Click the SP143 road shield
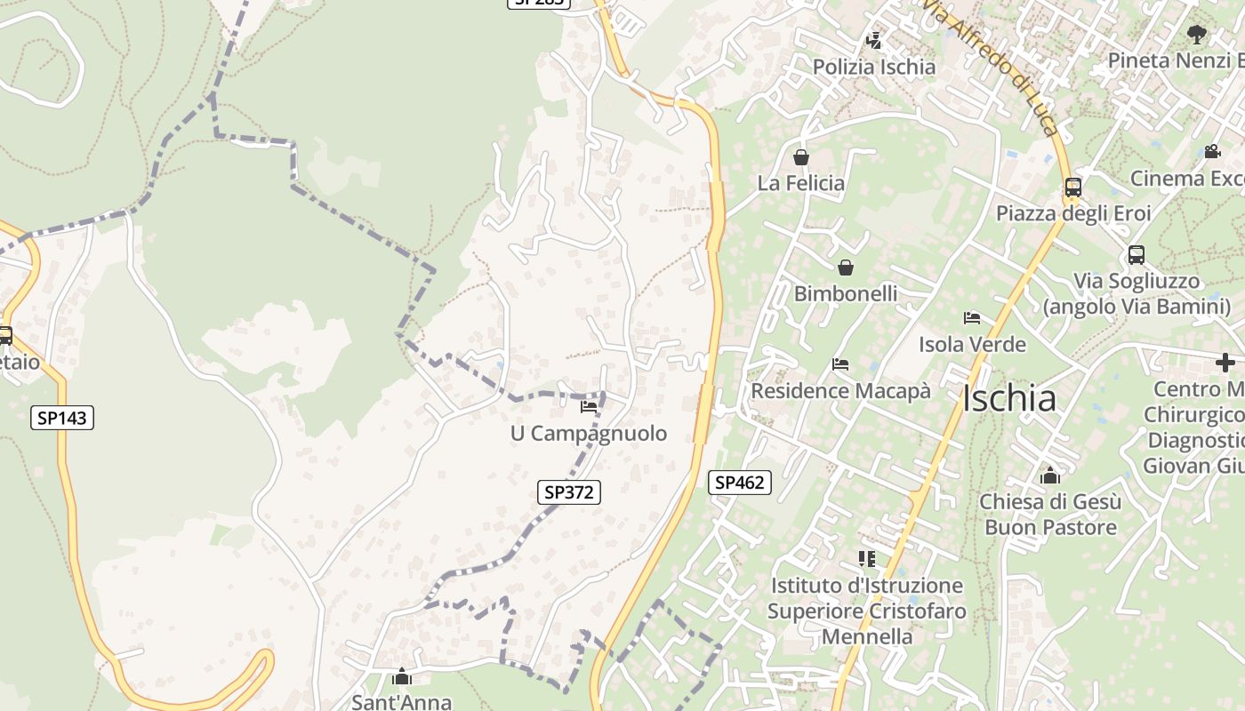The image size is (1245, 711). [x=62, y=418]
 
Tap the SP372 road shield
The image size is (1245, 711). [x=569, y=491]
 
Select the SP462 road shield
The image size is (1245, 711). [x=740, y=483]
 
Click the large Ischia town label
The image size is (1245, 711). [x=1009, y=399]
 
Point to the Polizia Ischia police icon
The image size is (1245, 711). [x=873, y=40]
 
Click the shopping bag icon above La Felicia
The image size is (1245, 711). [x=801, y=157]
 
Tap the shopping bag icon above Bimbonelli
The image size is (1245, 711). [x=846, y=267]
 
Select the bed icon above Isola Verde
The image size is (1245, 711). [x=972, y=317]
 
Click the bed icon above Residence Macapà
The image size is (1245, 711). [x=840, y=363]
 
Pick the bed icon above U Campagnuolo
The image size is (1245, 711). [x=589, y=407]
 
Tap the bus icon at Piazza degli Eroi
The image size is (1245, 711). [x=1073, y=188]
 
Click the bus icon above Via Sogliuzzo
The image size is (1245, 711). [x=1137, y=255]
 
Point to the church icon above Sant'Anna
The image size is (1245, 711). [x=402, y=676]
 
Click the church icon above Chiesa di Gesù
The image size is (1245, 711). [x=1049, y=475]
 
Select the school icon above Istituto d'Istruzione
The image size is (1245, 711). [x=867, y=559]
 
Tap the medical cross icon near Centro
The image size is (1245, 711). [x=1225, y=363]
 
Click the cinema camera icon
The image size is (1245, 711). [x=1212, y=152]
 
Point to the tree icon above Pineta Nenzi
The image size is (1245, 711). [x=1197, y=35]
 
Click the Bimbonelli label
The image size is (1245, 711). [x=846, y=293]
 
